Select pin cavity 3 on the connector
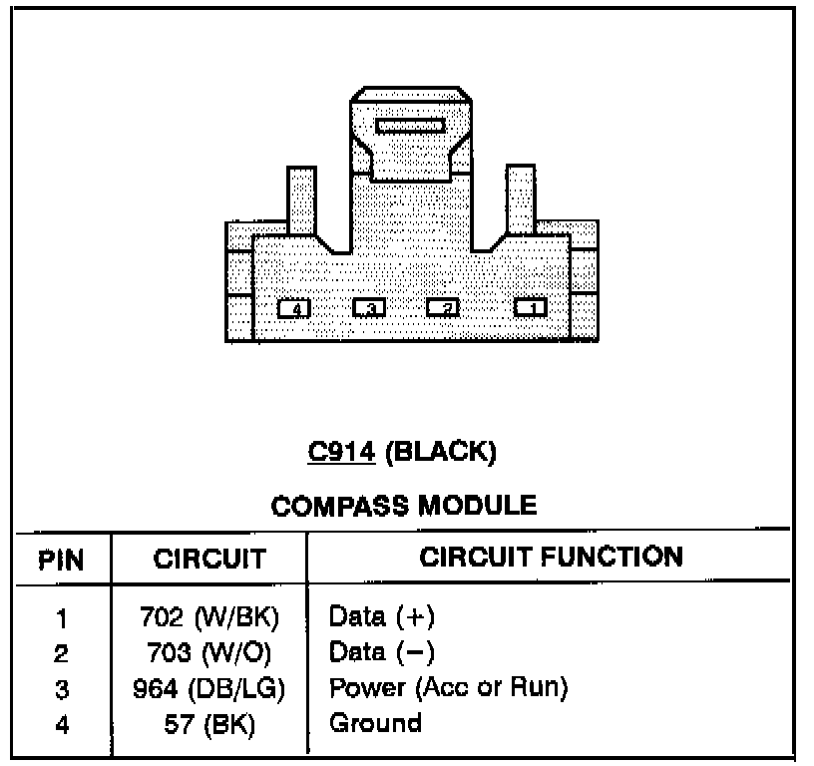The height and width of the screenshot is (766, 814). (x=369, y=308)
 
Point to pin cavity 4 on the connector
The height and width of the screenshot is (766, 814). (x=294, y=308)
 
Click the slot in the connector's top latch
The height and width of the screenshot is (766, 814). (x=409, y=127)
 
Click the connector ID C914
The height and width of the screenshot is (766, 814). (x=340, y=452)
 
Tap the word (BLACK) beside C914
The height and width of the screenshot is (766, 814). (x=440, y=452)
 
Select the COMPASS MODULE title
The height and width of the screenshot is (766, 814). (x=403, y=506)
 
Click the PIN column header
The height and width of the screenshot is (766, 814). (x=61, y=559)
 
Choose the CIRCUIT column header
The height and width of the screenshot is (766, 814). (x=209, y=559)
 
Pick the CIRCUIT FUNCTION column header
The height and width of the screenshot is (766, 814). (x=551, y=557)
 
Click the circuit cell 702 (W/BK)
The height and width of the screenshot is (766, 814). (x=208, y=618)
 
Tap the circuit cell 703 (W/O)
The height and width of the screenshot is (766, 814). (x=208, y=653)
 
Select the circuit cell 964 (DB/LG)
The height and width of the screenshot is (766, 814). (x=208, y=688)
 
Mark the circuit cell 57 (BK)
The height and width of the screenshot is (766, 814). (x=208, y=723)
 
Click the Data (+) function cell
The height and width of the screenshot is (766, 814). (x=382, y=617)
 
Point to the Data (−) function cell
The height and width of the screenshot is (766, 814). (x=382, y=652)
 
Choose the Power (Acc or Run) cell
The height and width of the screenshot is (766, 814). (x=448, y=688)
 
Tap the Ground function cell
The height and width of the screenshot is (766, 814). (x=374, y=722)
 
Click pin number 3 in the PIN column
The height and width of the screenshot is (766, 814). (x=61, y=689)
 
